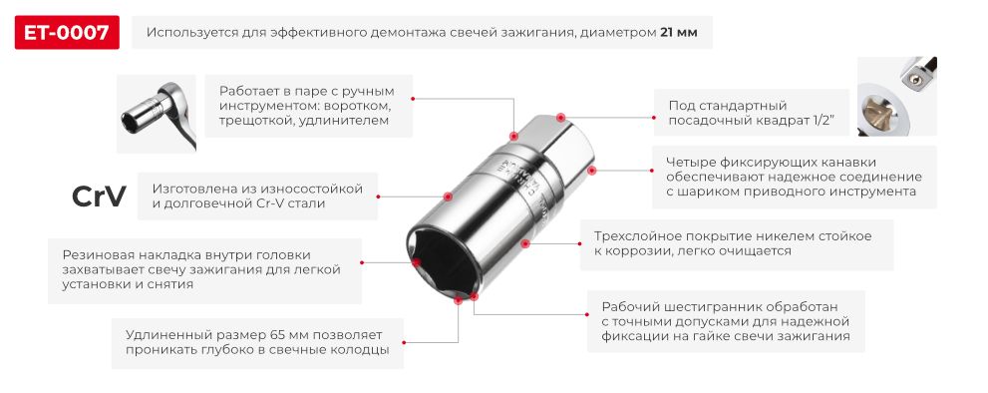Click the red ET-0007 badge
[68, 32]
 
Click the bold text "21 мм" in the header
[678, 33]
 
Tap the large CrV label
[99, 196]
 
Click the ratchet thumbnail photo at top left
[157, 112]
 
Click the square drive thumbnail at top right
[896, 96]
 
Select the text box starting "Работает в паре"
[303, 105]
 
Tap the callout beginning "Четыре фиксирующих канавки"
[794, 177]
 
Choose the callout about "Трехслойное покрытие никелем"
[733, 243]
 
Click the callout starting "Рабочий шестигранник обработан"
[726, 321]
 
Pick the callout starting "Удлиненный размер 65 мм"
[256, 343]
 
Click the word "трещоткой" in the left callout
[256, 120]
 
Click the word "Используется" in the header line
[188, 33]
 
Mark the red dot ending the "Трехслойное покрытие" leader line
[525, 241]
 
